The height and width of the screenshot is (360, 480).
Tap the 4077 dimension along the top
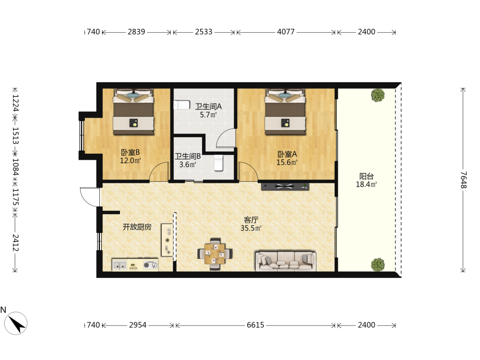[286, 32]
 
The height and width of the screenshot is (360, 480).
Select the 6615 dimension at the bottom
[255, 325]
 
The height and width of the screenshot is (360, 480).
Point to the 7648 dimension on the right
[464, 180]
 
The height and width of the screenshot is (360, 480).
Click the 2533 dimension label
[204, 32]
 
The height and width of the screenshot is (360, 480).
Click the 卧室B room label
[131, 152]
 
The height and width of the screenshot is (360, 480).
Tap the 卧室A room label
[287, 154]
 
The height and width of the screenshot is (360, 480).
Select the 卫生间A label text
[208, 107]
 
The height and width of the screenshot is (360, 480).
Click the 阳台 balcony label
[366, 176]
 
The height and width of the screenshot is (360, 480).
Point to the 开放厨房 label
[137, 227]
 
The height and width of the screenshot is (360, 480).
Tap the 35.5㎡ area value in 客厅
[251, 228]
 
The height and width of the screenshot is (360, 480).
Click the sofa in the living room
[286, 261]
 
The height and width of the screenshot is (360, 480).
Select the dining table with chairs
[215, 254]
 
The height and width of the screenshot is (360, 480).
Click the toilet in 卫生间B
[218, 163]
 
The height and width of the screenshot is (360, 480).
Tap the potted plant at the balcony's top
[378, 95]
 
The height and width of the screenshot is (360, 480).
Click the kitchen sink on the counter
[120, 265]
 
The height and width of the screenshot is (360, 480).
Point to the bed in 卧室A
[285, 112]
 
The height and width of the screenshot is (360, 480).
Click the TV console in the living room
[285, 186]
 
